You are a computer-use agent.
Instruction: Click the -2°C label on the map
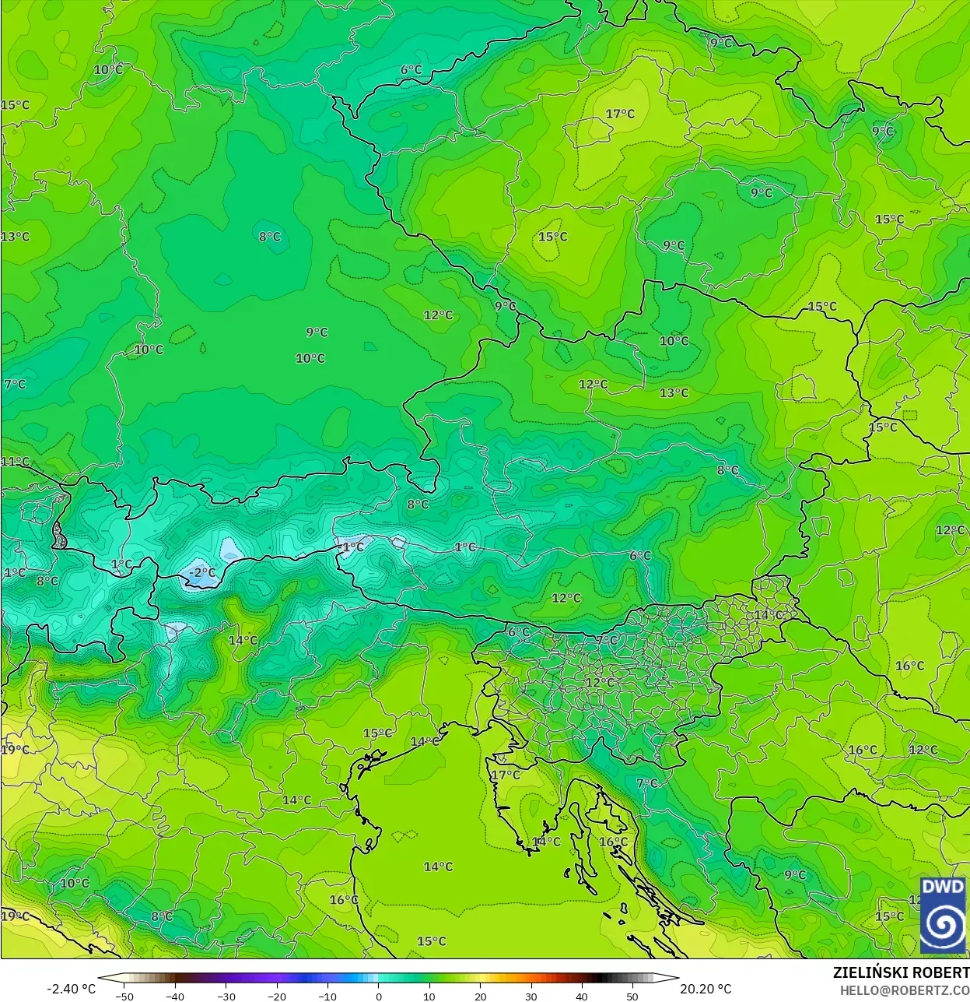point(202,573)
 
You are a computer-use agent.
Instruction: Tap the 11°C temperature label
point(15,462)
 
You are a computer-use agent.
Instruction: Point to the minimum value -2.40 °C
point(72,989)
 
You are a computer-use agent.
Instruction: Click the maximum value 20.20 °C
point(706,989)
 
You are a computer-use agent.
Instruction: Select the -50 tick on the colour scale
point(124,997)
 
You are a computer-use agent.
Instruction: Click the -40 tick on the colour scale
point(175,997)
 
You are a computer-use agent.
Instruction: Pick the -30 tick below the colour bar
point(226,997)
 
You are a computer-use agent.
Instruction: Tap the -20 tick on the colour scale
point(277,997)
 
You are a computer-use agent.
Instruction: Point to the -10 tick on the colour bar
point(327,997)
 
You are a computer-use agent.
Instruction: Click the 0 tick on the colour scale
point(379,997)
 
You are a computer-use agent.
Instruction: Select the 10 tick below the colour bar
point(429,997)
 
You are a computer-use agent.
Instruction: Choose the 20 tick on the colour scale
point(480,997)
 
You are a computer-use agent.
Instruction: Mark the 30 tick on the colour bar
point(531,997)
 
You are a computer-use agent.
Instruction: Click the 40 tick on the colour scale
point(582,997)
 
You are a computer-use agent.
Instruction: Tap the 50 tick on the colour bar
point(632,997)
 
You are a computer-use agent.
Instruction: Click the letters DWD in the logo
point(943,888)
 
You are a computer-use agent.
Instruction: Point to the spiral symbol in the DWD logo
point(943,925)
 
